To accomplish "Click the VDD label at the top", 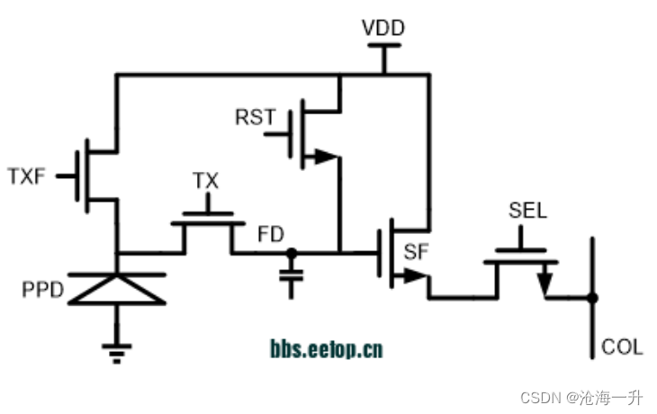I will pyautogui.click(x=383, y=28).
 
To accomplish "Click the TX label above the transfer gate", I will pyautogui.click(x=206, y=181).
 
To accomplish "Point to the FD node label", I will pyautogui.click(x=271, y=235).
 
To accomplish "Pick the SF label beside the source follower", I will pyautogui.click(x=416, y=253).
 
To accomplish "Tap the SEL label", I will pyautogui.click(x=527, y=212).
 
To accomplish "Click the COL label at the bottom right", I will pyautogui.click(x=622, y=347).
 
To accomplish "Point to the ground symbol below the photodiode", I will pyautogui.click(x=116, y=351).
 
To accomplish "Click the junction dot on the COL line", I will pyautogui.click(x=591, y=296).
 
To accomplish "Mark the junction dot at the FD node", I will pyautogui.click(x=290, y=253).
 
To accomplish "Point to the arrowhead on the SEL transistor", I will pyautogui.click(x=544, y=282).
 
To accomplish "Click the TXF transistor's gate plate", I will pyautogui.click(x=87, y=175).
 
